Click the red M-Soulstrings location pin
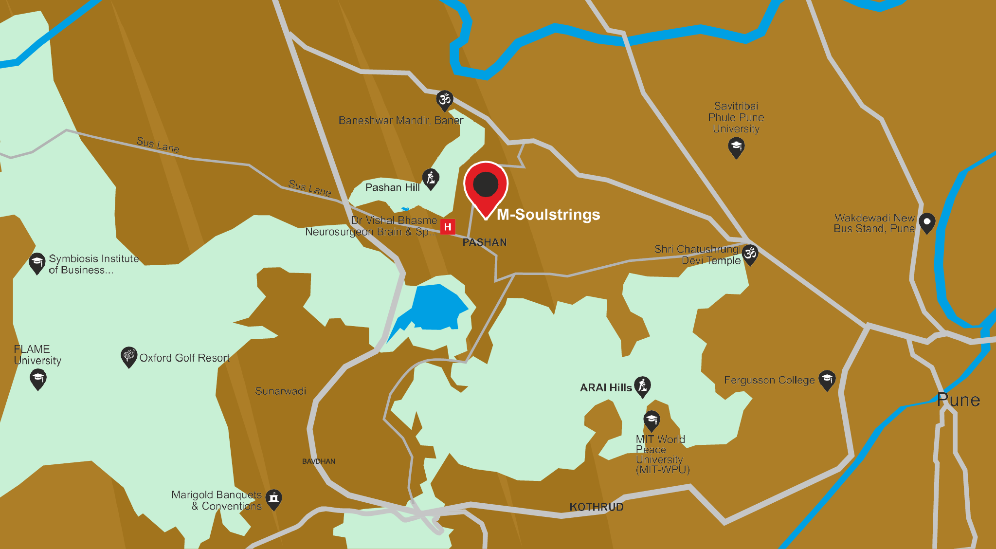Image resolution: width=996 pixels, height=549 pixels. [486, 185]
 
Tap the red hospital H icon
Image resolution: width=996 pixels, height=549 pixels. [448, 226]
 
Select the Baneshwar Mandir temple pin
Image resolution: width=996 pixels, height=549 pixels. [444, 100]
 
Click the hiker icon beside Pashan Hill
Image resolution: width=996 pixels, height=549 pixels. [431, 179]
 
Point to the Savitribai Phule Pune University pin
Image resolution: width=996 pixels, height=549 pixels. [736, 147]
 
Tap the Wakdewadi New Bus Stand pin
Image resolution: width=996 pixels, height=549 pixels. [927, 222]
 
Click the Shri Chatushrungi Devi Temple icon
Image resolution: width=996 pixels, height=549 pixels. [750, 255]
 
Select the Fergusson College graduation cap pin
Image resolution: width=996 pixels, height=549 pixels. [827, 380]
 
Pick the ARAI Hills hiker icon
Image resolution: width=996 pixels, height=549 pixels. [642, 386]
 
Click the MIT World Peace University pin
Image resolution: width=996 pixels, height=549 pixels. [652, 421]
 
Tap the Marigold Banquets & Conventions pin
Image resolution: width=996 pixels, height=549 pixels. [274, 499]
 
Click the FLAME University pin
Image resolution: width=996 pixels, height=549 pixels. [38, 378]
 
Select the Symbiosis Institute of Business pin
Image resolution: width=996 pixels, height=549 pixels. [37, 263]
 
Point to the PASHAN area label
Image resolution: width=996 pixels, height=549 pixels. [484, 242]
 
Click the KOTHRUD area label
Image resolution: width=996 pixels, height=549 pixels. [596, 507]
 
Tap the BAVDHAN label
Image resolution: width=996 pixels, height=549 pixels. [318, 461]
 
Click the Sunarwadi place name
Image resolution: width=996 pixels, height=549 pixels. [280, 391]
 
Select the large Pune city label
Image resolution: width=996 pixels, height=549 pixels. [958, 400]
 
